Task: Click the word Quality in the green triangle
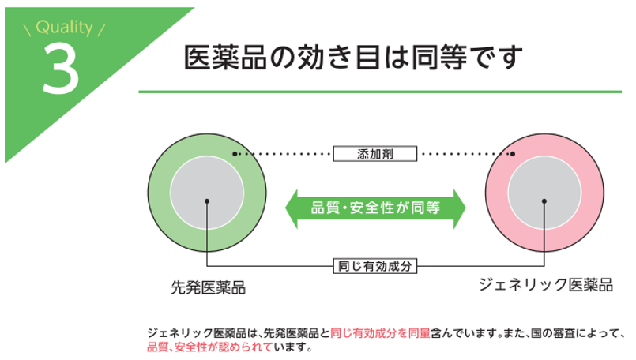64,29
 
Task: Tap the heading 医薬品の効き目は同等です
354,58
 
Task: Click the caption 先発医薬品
208,287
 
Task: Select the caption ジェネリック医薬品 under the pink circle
545,285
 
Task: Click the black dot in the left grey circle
207,201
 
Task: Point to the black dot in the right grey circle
544,201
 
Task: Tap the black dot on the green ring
235,154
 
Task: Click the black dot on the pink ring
513,154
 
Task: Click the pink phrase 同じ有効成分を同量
380,332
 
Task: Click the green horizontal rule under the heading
379,92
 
